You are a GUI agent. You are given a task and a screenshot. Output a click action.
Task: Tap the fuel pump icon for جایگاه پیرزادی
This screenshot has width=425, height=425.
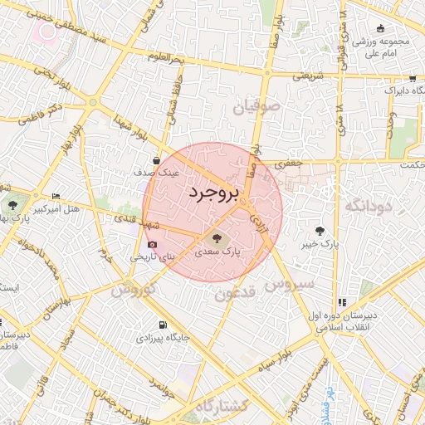(x=162, y=325)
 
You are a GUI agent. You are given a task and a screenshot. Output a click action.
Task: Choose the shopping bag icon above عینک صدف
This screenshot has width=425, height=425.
(x=157, y=160)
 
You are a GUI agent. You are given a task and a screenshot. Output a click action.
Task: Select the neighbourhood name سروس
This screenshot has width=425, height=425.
(x=290, y=284)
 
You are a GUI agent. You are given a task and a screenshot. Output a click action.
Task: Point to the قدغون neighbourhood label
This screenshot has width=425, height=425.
(x=237, y=293)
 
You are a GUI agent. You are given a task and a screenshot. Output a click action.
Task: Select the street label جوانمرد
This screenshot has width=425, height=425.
(x=163, y=385)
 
